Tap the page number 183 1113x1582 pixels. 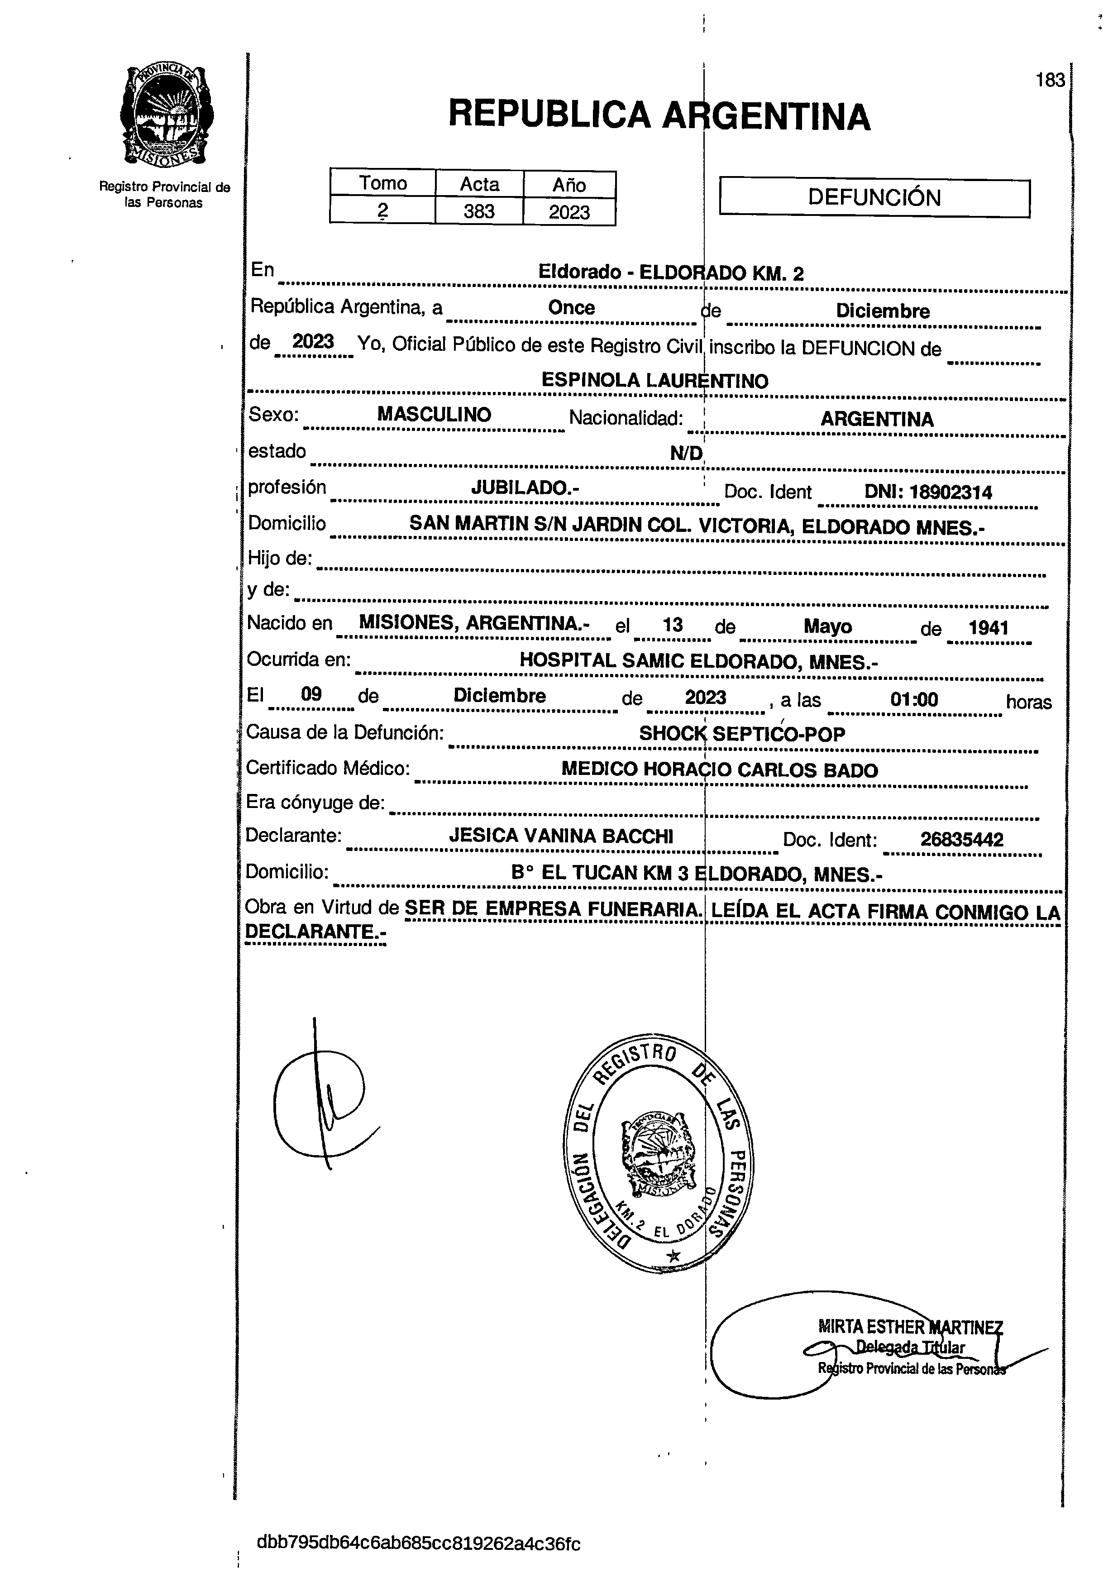(x=1050, y=81)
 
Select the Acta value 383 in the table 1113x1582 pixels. (x=479, y=211)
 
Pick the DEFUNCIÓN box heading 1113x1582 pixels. (x=874, y=198)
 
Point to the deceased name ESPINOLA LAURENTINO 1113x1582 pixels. (x=654, y=380)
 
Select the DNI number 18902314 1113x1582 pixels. (x=951, y=492)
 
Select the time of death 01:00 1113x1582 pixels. (x=914, y=700)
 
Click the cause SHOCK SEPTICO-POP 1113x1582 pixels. (x=741, y=734)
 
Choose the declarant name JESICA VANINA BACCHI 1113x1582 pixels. (x=560, y=836)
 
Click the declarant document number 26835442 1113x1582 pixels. (x=961, y=839)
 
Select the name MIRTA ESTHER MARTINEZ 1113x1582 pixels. (x=910, y=1326)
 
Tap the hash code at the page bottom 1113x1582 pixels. (x=418, y=1544)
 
